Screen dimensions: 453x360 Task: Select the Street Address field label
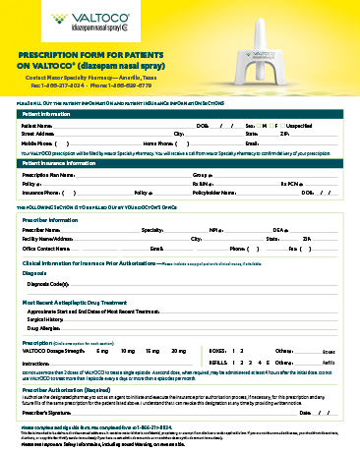pos(40,134)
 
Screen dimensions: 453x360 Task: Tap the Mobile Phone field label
pos(38,142)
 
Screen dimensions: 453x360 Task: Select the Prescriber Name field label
pos(43,229)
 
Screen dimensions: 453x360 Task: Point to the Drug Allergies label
pos(44,328)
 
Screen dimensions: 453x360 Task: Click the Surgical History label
pos(45,319)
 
